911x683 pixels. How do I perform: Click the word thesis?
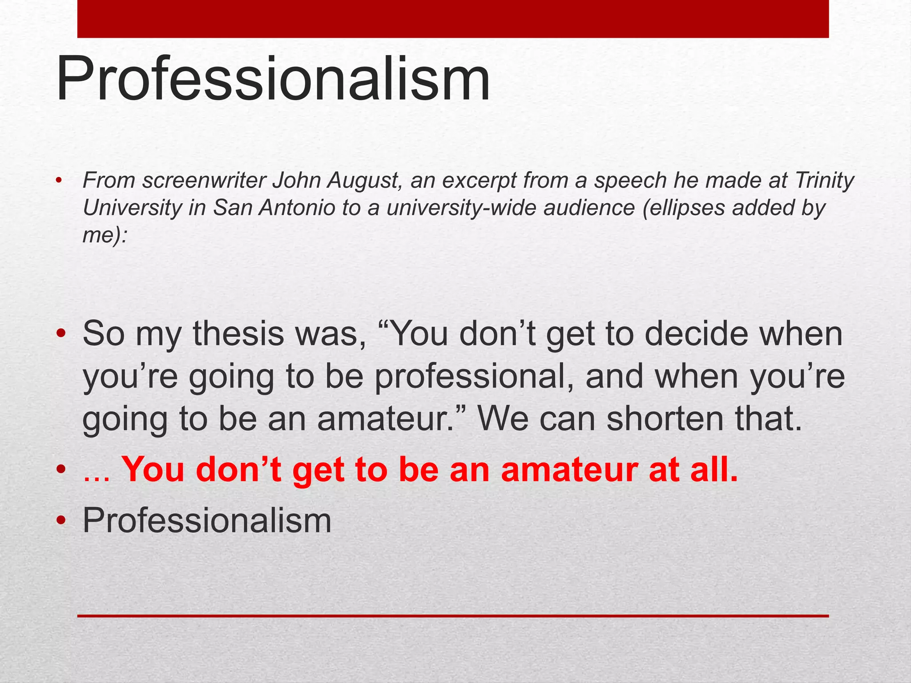pos(238,333)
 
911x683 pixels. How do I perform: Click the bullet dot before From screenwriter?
pos(59,181)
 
